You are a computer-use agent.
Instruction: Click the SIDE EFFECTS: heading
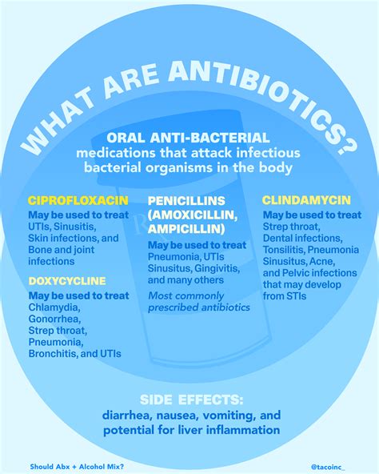pos(189,399)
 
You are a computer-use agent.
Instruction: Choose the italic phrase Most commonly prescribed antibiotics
pos(198,301)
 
